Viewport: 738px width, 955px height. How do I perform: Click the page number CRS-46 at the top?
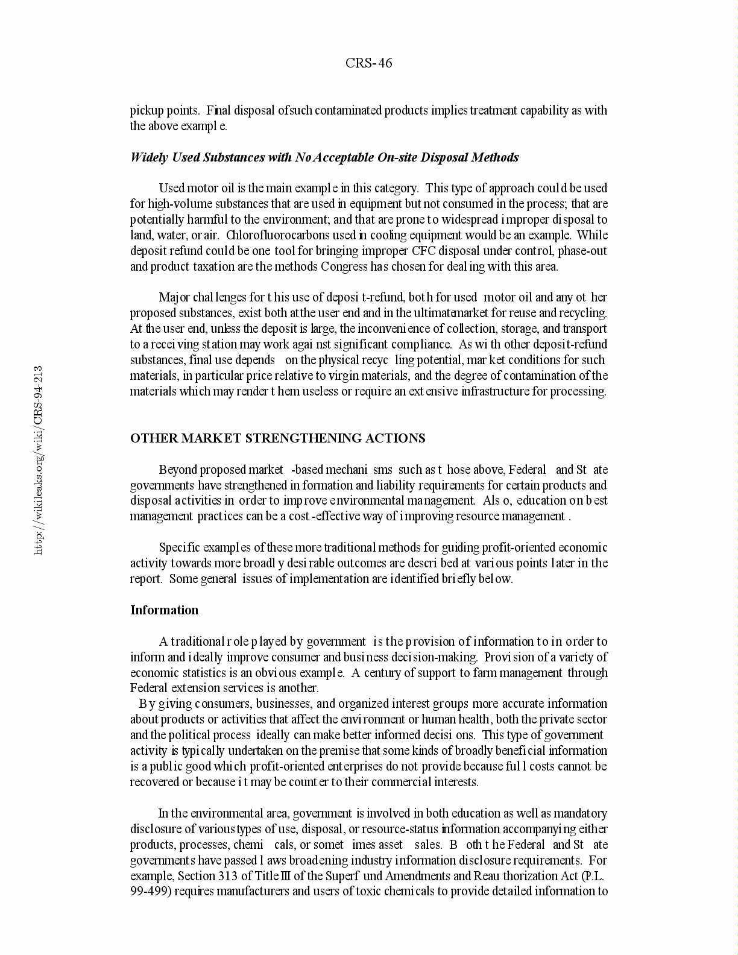tap(368, 63)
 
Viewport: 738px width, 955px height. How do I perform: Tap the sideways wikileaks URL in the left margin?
tap(38, 459)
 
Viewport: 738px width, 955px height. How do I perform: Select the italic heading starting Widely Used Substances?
tap(324, 157)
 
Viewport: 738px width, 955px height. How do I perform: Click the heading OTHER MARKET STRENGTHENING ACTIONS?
tap(277, 438)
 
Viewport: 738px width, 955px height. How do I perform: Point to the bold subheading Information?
tap(164, 610)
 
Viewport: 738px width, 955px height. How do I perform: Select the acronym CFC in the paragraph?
tap(422, 251)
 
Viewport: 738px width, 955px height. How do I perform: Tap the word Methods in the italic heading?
tap(495, 157)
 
